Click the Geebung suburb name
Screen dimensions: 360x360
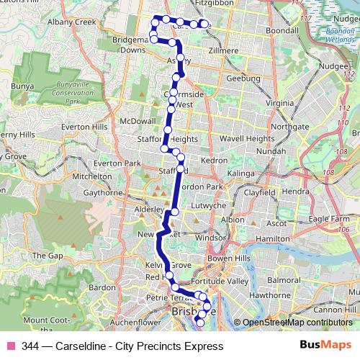tap(243, 78)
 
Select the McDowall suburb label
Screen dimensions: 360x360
tap(139, 121)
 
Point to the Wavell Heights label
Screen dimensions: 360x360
tap(247, 138)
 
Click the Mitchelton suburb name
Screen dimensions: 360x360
tap(91, 176)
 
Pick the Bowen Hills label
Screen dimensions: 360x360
tap(245, 257)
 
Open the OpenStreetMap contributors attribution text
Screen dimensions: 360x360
tap(297, 323)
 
